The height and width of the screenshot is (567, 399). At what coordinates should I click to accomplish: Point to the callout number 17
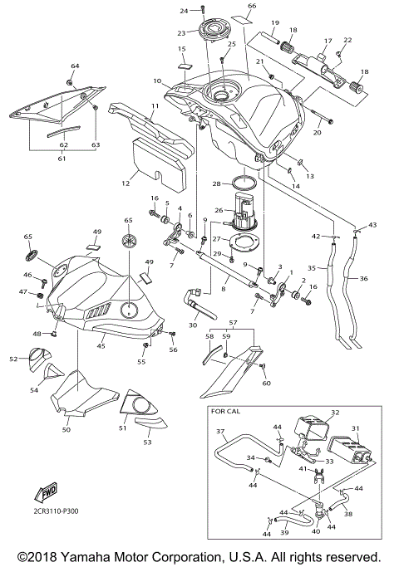coord(328,40)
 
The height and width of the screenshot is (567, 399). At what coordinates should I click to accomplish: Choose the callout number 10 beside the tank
coord(156,81)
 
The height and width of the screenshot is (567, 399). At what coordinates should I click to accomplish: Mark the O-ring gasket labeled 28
coord(247,183)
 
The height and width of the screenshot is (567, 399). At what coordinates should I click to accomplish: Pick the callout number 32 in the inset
coord(336,411)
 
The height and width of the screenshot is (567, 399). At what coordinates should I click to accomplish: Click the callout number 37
coord(220,432)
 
